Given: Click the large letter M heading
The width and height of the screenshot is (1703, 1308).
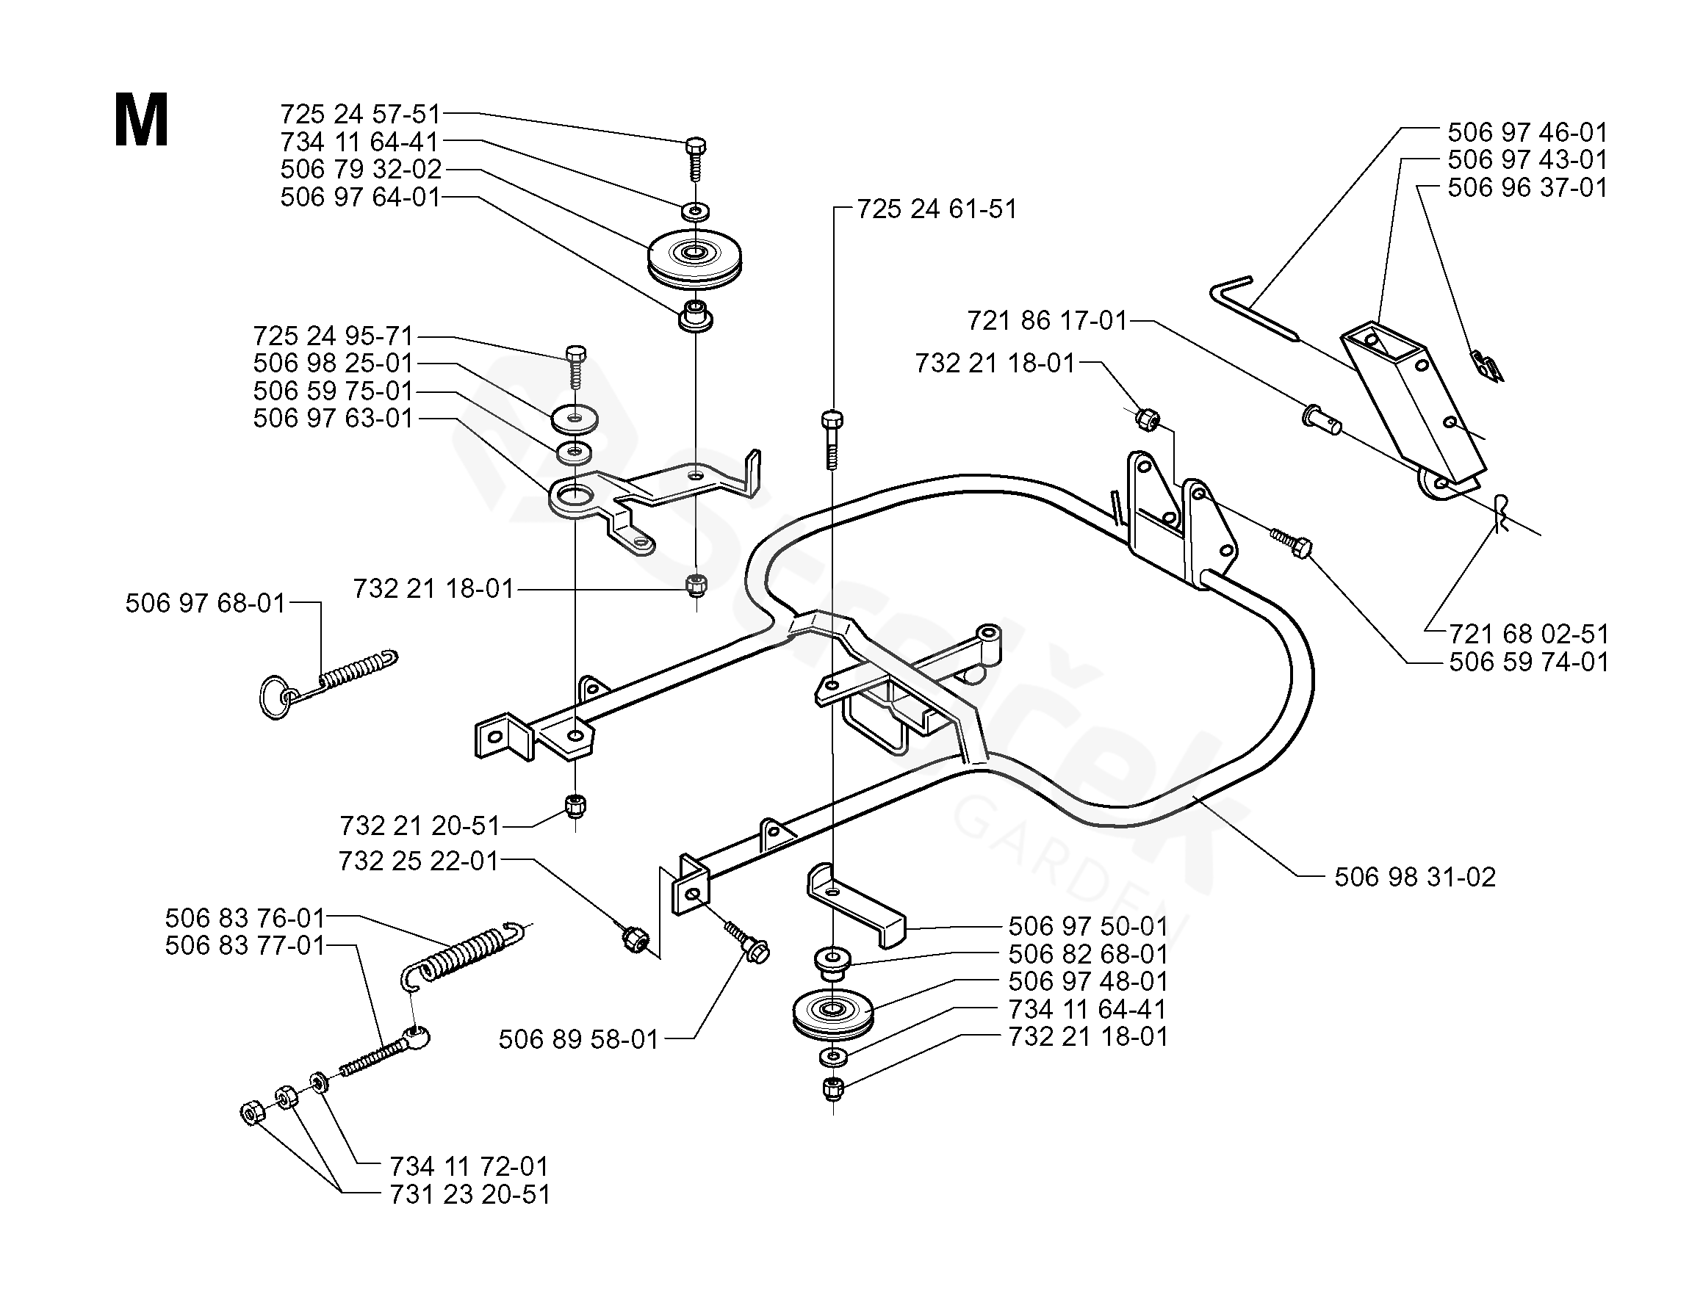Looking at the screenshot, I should pyautogui.click(x=141, y=120).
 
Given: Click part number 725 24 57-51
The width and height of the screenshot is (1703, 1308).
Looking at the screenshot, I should pyautogui.click(x=361, y=115).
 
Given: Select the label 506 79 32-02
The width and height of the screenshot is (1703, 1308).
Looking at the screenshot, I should pyautogui.click(x=361, y=169).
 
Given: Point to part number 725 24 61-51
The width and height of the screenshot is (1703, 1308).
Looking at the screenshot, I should pyautogui.click(x=937, y=209).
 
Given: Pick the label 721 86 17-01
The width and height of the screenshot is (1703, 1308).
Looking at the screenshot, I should pyautogui.click(x=1048, y=320).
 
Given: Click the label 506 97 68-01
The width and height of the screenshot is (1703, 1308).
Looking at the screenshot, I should pyautogui.click(x=206, y=603).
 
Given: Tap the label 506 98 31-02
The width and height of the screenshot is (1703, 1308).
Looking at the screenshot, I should pyautogui.click(x=1415, y=877).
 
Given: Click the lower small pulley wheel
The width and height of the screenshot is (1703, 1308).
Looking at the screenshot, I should pyautogui.click(x=832, y=1013).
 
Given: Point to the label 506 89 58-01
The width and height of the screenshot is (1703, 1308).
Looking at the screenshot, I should pyautogui.click(x=579, y=1038).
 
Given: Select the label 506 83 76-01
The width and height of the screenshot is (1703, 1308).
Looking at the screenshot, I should pyautogui.click(x=245, y=918).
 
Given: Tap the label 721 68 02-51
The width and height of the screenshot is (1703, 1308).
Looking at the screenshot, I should pyautogui.click(x=1529, y=633).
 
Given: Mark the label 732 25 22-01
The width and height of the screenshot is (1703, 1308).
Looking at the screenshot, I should pyautogui.click(x=418, y=860).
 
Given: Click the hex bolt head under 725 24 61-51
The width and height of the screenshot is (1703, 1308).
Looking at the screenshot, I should pyautogui.click(x=832, y=420).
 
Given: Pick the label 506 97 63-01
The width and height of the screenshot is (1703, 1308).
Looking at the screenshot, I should pyautogui.click(x=333, y=418).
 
